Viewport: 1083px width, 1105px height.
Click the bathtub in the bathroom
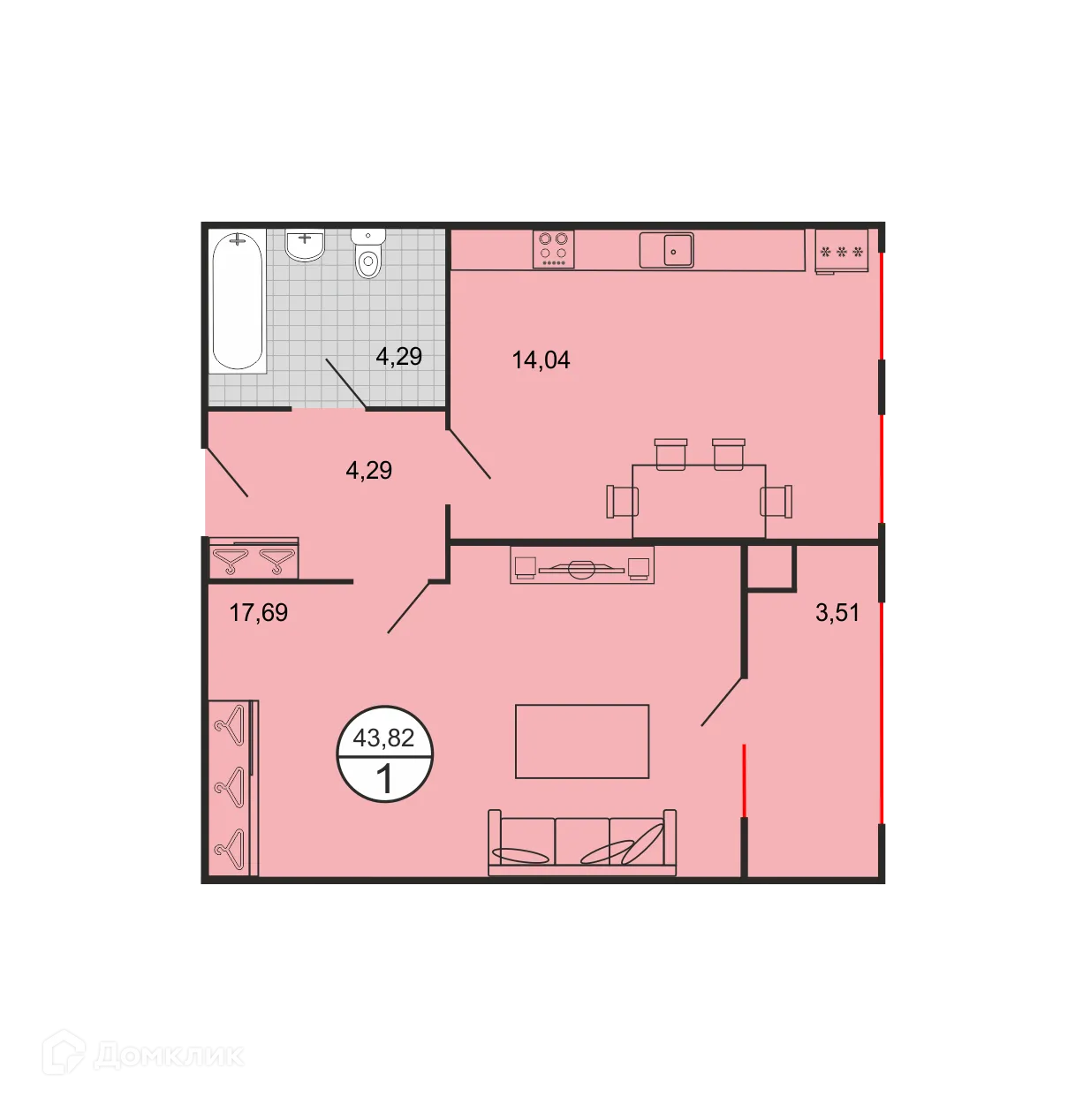point(238,299)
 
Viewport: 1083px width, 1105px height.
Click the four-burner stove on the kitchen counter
point(554,249)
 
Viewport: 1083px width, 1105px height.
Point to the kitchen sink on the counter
point(667,250)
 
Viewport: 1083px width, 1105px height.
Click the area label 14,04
point(541,360)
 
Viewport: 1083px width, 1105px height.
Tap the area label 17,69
point(258,612)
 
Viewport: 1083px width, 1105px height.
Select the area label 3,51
point(837,612)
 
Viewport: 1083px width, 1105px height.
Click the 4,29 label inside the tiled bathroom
point(398,356)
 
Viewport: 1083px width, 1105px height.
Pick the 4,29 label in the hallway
point(368,470)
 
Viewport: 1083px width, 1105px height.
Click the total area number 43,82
point(383,738)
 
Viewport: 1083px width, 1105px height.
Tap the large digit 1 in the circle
point(384,779)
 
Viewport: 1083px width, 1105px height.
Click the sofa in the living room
point(582,843)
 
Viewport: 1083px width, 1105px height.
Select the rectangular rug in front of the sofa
point(582,741)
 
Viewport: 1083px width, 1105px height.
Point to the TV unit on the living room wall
point(582,566)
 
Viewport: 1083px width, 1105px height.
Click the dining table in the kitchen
point(699,501)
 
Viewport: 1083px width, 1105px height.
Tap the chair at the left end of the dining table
point(622,501)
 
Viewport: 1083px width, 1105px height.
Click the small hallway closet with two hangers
point(254,558)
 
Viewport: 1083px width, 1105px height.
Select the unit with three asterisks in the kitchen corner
point(842,252)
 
